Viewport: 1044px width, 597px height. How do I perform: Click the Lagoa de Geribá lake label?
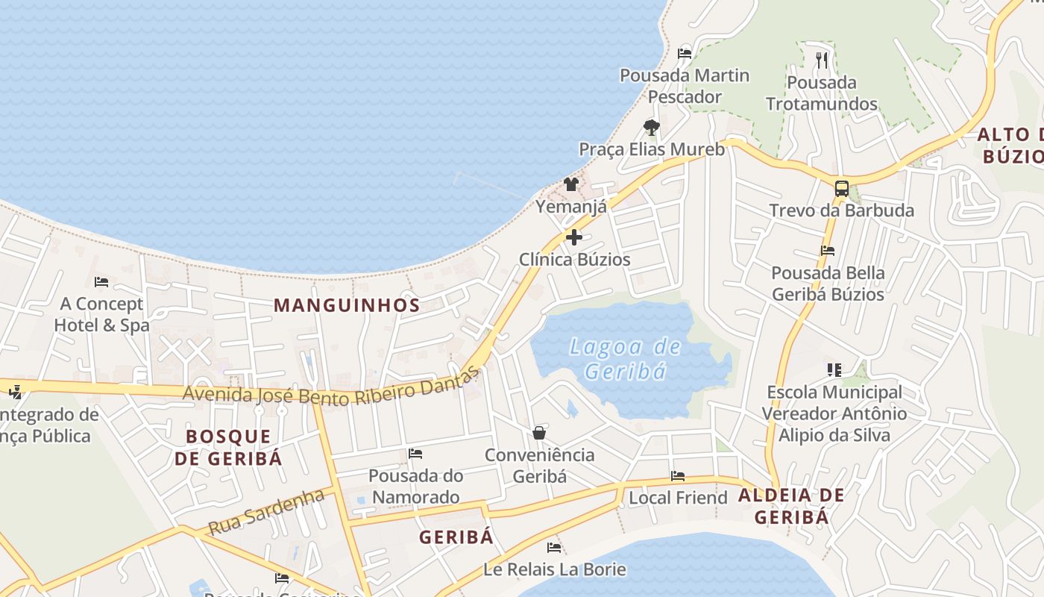click(625, 359)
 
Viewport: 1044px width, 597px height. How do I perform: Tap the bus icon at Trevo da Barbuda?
click(841, 188)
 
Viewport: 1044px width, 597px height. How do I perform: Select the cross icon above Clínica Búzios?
click(573, 237)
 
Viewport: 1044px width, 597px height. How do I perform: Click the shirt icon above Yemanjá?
click(571, 184)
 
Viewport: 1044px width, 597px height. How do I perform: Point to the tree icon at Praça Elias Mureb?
click(651, 127)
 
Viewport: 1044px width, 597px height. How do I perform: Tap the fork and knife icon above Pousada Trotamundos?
click(822, 60)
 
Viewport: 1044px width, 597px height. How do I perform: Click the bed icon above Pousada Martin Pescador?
click(684, 54)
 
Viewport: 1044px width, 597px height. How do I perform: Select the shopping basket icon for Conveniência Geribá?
click(538, 433)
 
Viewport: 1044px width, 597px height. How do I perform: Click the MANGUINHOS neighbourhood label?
click(347, 305)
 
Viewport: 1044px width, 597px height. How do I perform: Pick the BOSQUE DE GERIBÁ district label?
click(228, 447)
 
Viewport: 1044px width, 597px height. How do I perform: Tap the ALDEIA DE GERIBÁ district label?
click(791, 506)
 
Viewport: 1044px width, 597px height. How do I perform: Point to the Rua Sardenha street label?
click(266, 511)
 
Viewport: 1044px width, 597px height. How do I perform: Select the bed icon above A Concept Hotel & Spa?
click(101, 282)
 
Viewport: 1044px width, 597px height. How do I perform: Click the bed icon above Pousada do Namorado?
click(415, 454)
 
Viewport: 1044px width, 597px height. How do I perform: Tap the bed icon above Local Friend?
click(677, 476)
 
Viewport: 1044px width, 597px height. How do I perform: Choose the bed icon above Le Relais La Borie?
click(553, 548)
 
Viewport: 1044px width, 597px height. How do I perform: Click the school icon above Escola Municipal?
click(834, 369)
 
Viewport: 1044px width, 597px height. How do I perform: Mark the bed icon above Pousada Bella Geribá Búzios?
click(827, 251)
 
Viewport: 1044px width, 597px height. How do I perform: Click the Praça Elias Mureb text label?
click(652, 149)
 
